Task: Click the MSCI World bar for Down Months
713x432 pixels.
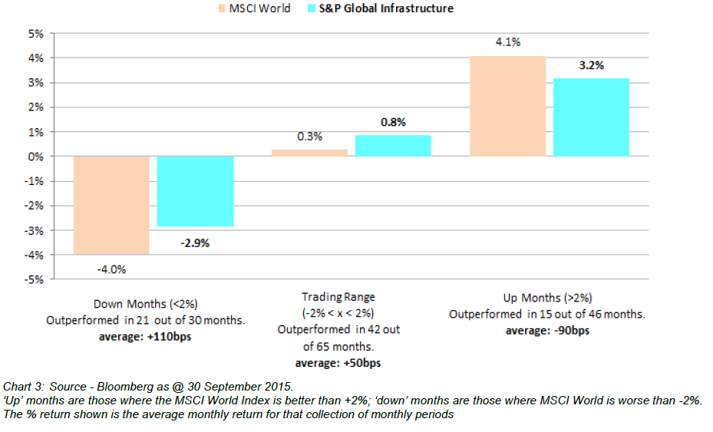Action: [x=111, y=205]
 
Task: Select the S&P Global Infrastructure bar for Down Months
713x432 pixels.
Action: [x=195, y=191]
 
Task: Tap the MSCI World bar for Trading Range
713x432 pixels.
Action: [x=309, y=152]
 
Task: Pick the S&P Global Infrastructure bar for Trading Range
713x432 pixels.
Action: [x=393, y=146]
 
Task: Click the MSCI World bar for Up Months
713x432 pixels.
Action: [x=507, y=106]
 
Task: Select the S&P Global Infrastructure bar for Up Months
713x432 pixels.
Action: [x=591, y=117]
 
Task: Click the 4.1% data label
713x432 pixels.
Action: [x=507, y=43]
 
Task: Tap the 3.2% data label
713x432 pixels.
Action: [x=591, y=65]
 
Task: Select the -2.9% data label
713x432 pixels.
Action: [x=195, y=243]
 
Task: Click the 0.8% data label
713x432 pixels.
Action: [x=393, y=122]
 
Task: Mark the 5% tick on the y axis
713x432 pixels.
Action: [x=35, y=34]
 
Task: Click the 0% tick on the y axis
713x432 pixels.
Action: [x=35, y=157]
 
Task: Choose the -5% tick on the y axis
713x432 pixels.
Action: [x=34, y=279]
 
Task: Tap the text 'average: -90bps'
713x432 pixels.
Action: [x=546, y=331]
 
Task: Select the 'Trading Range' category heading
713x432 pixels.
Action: [x=338, y=297]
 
